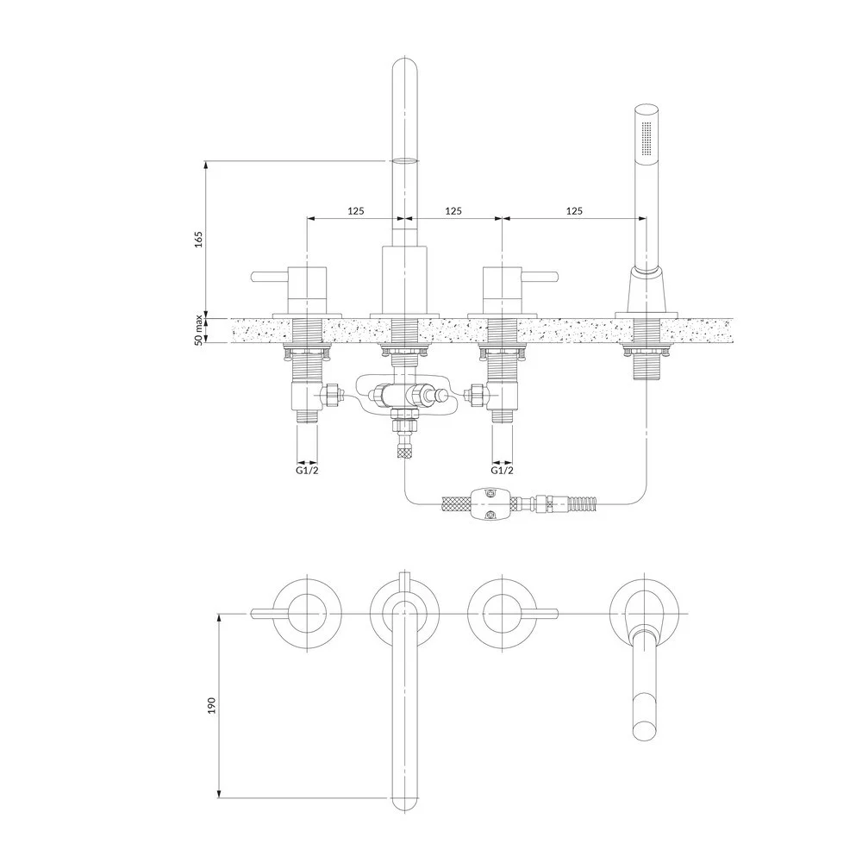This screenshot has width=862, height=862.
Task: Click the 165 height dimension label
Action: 198,239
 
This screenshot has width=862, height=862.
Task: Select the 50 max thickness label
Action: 198,330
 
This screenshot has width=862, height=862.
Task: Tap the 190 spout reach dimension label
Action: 212,705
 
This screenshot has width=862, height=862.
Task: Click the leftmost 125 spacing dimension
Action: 356,210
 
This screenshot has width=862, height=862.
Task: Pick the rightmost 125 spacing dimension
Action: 574,210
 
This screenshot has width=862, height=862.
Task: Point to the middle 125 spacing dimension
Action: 453,210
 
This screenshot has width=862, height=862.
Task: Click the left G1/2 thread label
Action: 308,471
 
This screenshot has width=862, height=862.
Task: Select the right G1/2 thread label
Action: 502,471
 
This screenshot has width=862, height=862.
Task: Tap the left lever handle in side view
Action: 270,276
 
